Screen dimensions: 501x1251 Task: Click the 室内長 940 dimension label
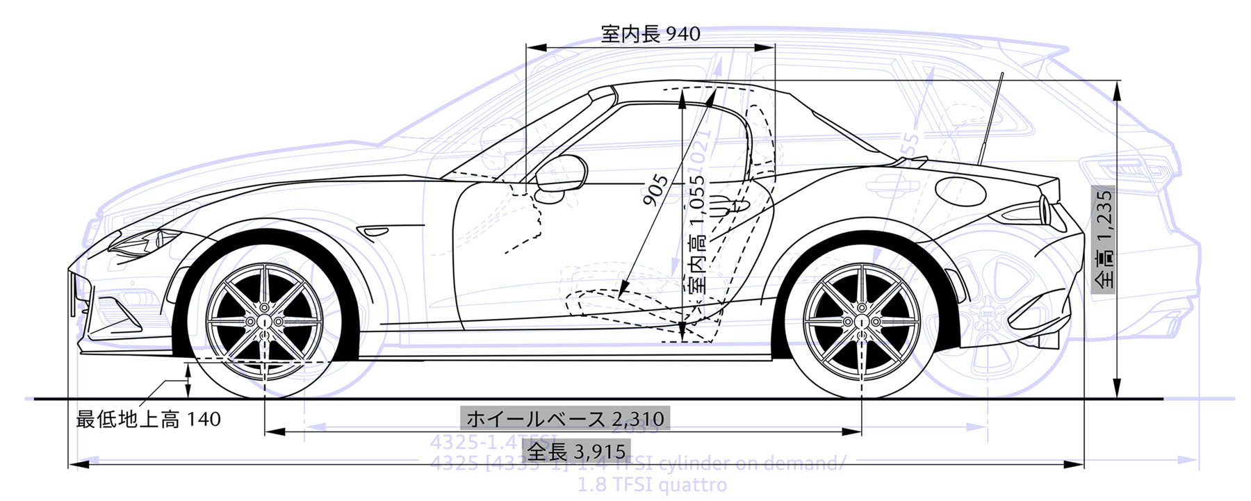(x=651, y=33)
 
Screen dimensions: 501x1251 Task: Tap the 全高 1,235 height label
(x=1103, y=240)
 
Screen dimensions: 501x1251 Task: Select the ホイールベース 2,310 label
(x=565, y=418)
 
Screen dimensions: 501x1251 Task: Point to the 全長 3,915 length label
(x=576, y=452)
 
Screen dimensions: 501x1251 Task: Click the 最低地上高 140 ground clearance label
(x=148, y=419)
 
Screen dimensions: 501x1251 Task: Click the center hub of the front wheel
(x=265, y=322)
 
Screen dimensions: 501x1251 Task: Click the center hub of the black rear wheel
(x=861, y=322)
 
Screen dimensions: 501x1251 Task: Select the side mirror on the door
(x=560, y=173)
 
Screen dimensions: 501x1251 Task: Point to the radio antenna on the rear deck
(x=991, y=118)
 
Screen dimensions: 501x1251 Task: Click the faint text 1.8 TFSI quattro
(x=652, y=484)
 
